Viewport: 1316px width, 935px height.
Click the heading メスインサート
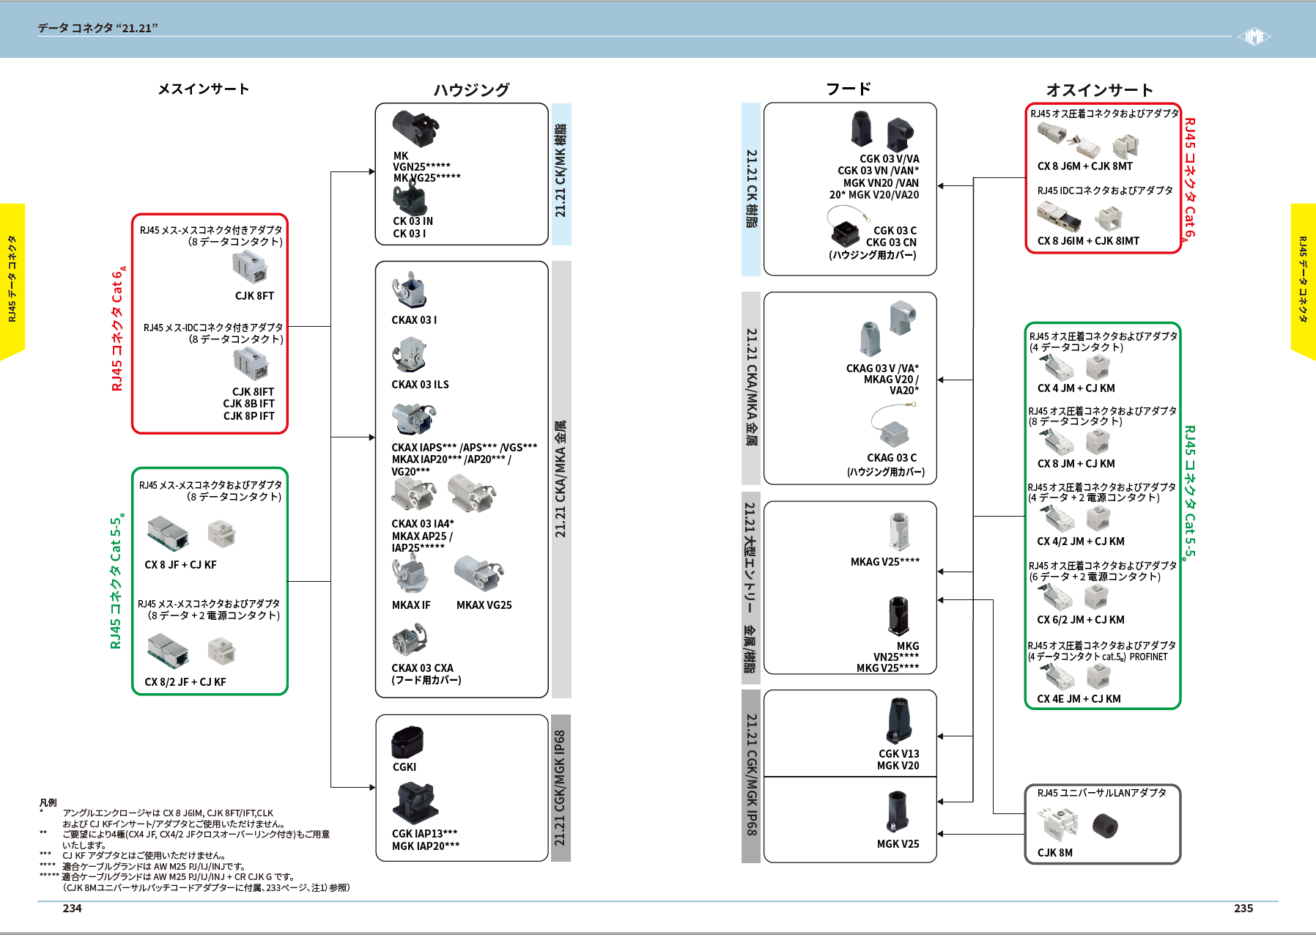pos(203,89)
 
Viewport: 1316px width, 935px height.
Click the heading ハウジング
pos(471,89)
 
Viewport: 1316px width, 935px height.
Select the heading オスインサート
pos(1099,89)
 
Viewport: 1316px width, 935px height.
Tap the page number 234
pos(72,908)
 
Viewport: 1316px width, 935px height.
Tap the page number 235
pos(1243,908)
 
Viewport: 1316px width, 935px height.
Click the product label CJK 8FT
pos(254,296)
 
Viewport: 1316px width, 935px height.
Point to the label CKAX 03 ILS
pos(420,385)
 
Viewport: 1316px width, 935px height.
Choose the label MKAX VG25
pos(484,605)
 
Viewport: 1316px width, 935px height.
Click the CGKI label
pos(404,767)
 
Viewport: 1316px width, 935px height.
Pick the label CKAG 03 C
pos(892,458)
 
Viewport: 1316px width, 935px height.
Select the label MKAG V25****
pos(884,562)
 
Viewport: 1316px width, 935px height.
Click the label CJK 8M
pos(1054,853)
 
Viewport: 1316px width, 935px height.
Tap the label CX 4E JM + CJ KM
pos(1079,699)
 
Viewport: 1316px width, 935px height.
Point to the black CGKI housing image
pos(407,742)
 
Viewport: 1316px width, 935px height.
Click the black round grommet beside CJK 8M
pos(1105,827)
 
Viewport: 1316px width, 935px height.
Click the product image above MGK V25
pos(898,812)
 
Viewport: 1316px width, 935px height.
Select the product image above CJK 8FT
pos(250,267)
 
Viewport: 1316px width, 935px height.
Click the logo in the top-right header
pos(1254,37)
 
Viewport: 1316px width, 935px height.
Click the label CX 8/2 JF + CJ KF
pos(185,682)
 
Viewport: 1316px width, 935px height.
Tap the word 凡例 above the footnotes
pos(48,802)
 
